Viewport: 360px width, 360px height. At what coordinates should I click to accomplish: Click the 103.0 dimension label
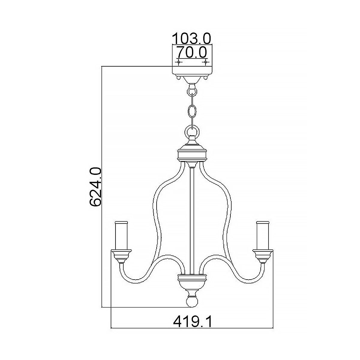coord(192,38)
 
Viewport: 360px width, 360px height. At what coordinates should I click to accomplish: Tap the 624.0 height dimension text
coord(96,187)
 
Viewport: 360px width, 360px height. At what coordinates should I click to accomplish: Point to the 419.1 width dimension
coord(193,322)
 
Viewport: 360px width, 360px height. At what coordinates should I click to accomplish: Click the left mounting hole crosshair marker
coord(179,62)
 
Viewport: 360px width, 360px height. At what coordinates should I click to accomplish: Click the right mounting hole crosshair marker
coord(205,62)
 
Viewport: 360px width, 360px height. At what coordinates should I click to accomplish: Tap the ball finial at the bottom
coord(192,301)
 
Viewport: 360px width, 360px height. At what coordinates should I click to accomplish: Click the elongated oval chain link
coord(192,111)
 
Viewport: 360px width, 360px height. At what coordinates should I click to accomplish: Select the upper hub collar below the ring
coord(192,153)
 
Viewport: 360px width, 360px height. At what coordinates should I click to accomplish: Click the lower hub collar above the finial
coord(192,280)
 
